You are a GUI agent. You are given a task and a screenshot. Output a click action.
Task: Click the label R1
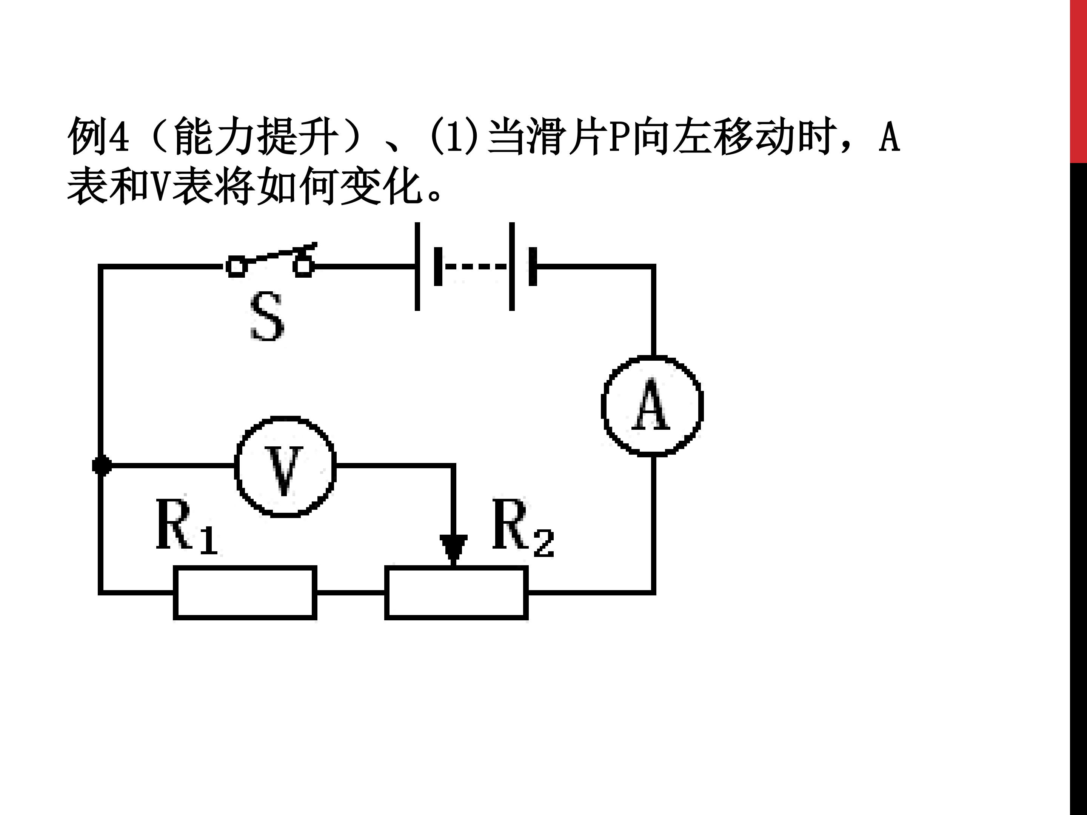click(x=187, y=527)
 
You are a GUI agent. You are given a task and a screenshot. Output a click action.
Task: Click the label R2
click(x=523, y=529)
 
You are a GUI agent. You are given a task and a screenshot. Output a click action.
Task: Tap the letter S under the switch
click(x=267, y=316)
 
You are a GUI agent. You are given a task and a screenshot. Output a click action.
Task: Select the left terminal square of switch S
click(x=236, y=267)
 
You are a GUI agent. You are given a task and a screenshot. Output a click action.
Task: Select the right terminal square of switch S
click(x=303, y=267)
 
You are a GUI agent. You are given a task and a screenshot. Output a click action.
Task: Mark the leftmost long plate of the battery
click(x=417, y=267)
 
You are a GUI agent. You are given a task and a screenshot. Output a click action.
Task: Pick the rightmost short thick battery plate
click(x=533, y=267)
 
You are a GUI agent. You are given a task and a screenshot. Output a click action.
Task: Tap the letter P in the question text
click(x=620, y=136)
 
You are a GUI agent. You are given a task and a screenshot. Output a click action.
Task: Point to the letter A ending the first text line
click(x=890, y=136)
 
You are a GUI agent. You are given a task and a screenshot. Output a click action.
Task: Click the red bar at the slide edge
click(x=1079, y=81)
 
